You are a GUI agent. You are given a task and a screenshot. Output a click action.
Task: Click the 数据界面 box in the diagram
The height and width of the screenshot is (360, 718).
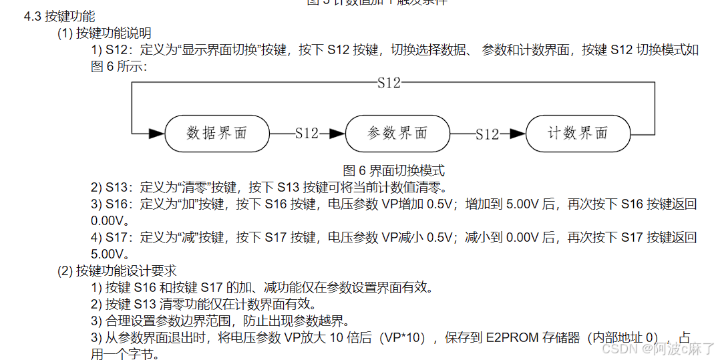coord(217,134)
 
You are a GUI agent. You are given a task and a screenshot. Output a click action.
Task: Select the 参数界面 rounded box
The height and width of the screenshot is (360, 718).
coord(397,134)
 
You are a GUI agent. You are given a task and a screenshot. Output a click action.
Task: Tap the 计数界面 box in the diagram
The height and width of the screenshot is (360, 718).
coord(578,134)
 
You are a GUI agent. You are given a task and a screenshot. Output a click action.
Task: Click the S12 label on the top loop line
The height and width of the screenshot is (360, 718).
coord(389,83)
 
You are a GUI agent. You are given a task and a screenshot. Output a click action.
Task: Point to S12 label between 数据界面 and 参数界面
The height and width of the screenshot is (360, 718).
coord(307,134)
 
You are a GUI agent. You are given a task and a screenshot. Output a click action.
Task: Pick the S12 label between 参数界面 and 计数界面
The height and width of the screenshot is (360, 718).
coord(488,134)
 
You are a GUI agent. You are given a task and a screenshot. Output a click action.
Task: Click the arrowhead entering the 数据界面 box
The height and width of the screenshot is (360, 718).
coord(156,134)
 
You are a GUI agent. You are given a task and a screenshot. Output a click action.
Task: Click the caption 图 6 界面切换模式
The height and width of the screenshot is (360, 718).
coord(393,171)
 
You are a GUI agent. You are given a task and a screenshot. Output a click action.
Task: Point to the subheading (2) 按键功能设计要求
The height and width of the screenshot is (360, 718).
coord(117,271)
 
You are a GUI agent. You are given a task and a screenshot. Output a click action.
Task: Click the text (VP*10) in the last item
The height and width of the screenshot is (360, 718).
coord(403,338)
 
